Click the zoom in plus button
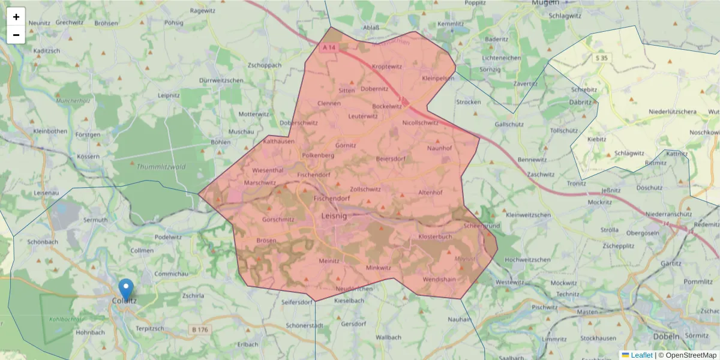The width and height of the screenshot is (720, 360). [x=16, y=17]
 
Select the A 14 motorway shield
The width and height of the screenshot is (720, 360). [x=329, y=47]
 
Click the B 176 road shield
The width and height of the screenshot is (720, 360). [x=200, y=329]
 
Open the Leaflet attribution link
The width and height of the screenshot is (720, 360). [x=641, y=355]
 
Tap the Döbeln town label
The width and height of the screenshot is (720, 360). [x=667, y=336]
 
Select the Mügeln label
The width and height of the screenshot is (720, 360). [x=545, y=4]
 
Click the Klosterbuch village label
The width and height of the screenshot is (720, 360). [x=435, y=237]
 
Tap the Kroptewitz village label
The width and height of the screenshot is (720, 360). [x=387, y=67]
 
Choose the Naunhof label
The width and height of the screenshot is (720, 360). [x=439, y=148]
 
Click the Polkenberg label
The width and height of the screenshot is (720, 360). [x=318, y=155]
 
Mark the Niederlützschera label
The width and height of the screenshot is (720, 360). [x=673, y=112]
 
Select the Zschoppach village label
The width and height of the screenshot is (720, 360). [x=265, y=65]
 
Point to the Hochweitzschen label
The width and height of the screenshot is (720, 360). [x=528, y=260]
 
